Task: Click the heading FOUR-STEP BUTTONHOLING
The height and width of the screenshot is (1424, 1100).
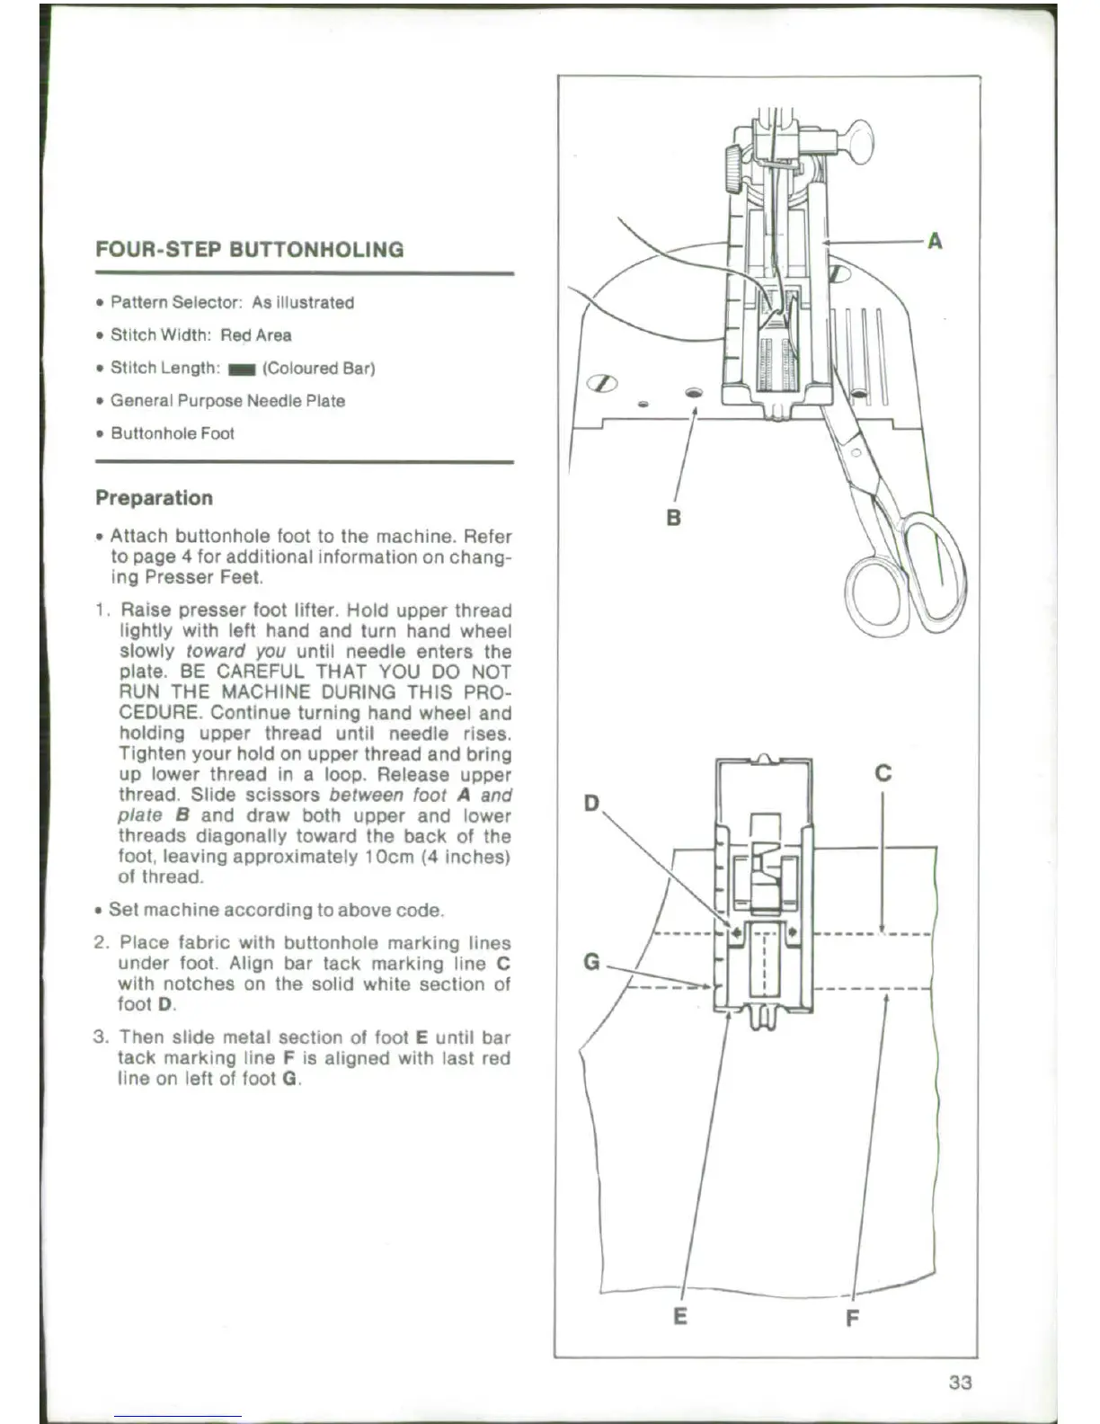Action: click(250, 249)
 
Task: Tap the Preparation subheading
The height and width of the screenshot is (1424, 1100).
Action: click(154, 498)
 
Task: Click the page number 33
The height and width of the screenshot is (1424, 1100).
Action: click(960, 1382)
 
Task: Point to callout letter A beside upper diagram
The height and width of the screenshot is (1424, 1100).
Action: click(935, 241)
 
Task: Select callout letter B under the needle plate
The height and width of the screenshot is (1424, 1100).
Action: click(673, 518)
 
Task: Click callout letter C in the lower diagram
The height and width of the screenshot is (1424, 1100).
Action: click(883, 773)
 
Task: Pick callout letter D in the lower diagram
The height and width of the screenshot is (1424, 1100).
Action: click(591, 802)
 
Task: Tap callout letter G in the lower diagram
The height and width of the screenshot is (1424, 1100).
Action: click(591, 962)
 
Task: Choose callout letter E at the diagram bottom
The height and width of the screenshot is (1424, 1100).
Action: click(680, 1316)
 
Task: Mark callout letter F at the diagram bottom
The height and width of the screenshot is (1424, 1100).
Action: click(852, 1318)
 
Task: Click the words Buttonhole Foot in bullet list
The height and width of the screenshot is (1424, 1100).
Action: click(172, 433)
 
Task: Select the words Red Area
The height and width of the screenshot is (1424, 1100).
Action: click(255, 335)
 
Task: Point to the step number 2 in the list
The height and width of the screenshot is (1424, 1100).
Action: click(102, 943)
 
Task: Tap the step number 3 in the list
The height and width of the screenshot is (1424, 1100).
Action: click(102, 1037)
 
